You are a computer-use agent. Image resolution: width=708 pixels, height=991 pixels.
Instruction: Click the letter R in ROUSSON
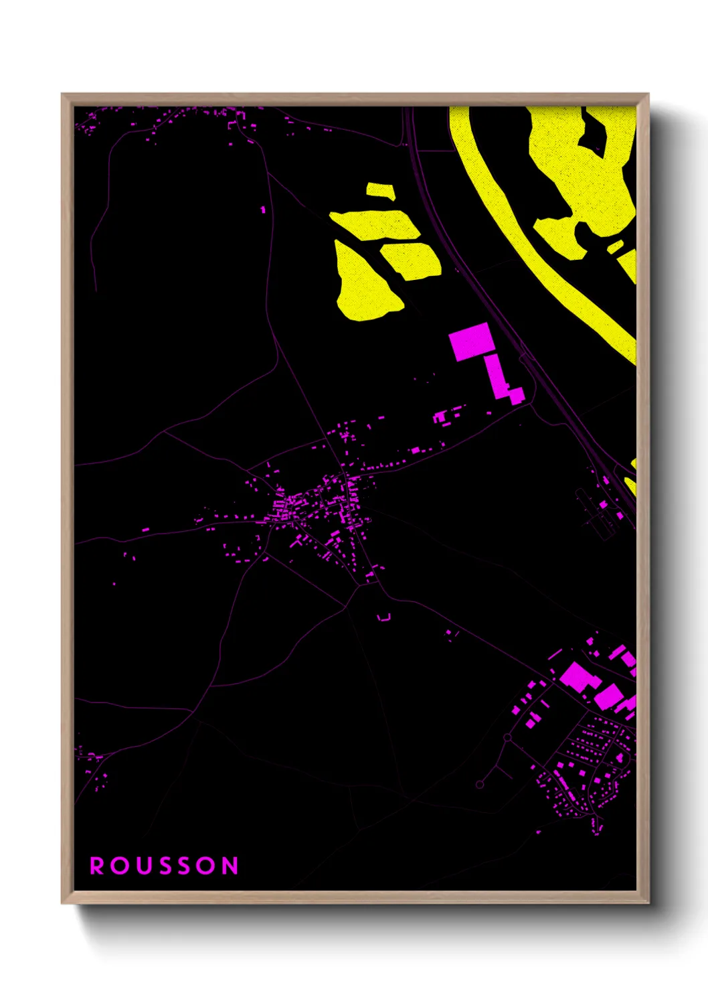point(97,866)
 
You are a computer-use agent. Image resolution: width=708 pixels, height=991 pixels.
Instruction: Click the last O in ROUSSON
point(207,866)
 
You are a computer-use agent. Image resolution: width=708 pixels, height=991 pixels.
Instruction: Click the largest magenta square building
point(472,341)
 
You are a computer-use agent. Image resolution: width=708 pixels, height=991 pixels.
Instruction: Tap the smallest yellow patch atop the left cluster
point(380,191)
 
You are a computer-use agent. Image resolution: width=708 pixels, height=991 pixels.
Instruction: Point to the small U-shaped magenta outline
point(383,617)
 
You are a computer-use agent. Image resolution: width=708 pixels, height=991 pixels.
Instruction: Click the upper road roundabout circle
point(507,738)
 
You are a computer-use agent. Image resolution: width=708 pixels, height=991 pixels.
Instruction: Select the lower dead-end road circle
point(480,784)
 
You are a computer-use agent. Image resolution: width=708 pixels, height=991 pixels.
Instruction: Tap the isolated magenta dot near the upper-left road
point(263,210)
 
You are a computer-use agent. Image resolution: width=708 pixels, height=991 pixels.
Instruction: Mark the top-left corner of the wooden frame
point(63,95)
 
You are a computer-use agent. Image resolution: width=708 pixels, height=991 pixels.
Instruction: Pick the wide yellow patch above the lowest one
point(375,224)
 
